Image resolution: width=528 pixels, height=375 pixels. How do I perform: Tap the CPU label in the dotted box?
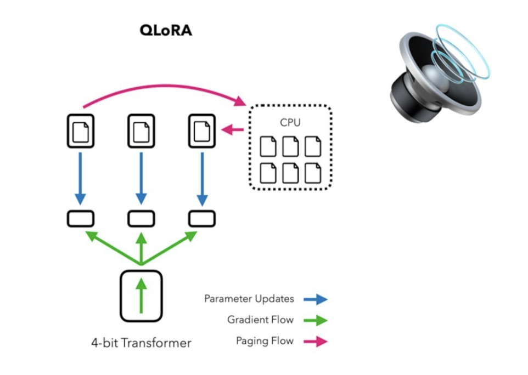[x=290, y=122]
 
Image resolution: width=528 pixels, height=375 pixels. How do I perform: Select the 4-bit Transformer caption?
[x=141, y=344]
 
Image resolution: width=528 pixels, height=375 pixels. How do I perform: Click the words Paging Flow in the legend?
[x=265, y=341]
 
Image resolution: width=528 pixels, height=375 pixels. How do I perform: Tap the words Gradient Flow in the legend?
[x=260, y=320]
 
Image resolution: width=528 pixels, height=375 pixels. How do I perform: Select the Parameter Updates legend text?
[x=249, y=299]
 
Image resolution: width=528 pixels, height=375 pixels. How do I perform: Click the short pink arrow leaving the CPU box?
[x=233, y=130]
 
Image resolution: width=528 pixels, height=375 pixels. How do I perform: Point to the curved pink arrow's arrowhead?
[x=240, y=101]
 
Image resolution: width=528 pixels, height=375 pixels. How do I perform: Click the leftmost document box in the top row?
[x=80, y=130]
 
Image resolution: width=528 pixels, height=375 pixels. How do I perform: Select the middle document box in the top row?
[x=141, y=130]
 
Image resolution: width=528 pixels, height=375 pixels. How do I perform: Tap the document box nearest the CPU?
[x=201, y=130]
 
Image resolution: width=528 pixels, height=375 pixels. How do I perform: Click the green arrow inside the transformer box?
[x=141, y=296]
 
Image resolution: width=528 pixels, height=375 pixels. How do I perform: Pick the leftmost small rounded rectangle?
[x=81, y=218]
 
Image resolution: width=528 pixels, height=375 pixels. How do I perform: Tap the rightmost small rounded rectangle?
[x=201, y=218]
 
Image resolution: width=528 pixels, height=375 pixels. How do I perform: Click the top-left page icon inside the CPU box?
[x=268, y=146]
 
